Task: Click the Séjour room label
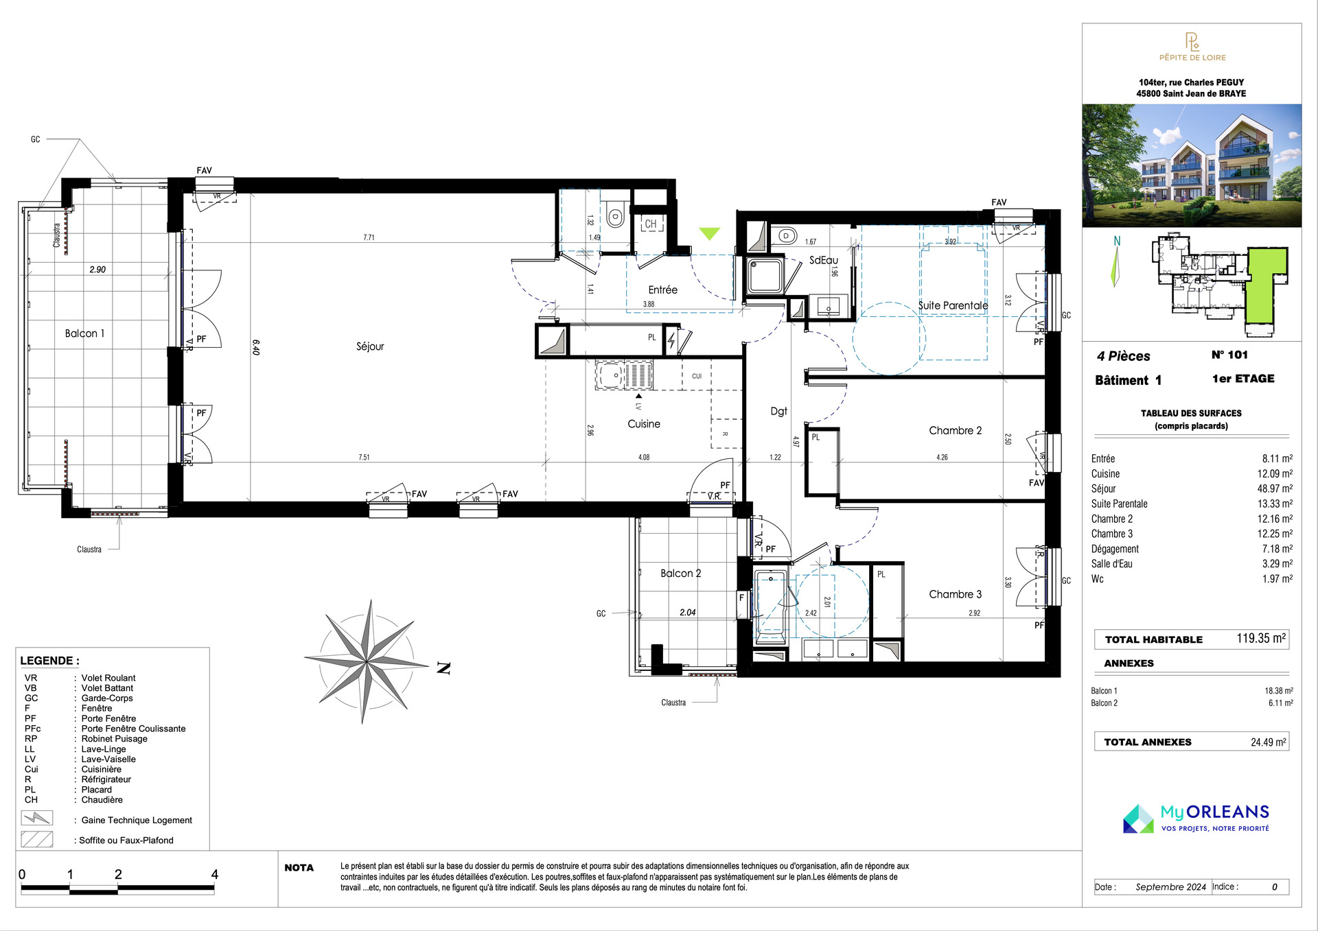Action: tap(370, 346)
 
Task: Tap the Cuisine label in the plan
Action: tap(644, 424)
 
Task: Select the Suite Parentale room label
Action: tap(953, 305)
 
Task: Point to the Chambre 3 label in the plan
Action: tap(955, 594)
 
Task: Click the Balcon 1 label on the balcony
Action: tap(84, 333)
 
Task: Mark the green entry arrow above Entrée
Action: tap(709, 234)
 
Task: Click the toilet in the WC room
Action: tap(615, 216)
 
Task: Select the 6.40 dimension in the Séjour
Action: tap(256, 347)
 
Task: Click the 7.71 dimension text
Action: tap(369, 237)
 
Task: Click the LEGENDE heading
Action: tap(49, 661)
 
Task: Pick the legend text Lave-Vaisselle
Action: tap(108, 759)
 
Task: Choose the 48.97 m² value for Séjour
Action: tap(1275, 488)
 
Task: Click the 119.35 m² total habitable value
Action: tap(1261, 638)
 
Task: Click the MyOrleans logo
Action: tap(1196, 818)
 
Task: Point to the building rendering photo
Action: tap(1192, 165)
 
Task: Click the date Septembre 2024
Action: tap(1170, 886)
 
